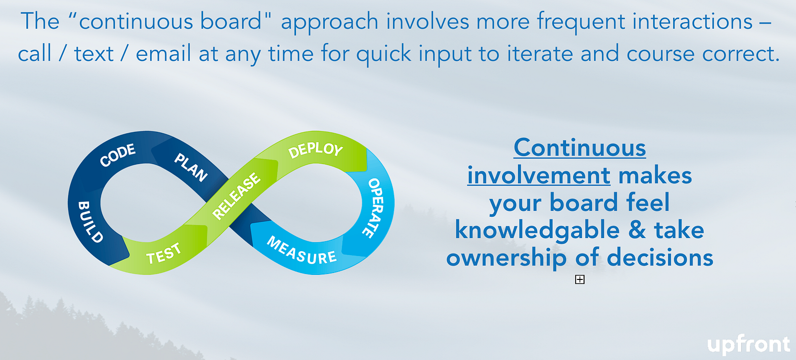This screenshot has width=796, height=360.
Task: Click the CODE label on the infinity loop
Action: click(117, 155)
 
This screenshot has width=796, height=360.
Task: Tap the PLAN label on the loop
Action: click(191, 167)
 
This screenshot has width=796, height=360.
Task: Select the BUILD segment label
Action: click(90, 222)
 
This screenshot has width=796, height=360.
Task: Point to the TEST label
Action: click(164, 254)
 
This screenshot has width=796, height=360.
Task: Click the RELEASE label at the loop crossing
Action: click(236, 195)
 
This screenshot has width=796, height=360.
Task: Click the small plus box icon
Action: click(580, 280)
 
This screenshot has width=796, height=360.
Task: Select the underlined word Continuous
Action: click(580, 148)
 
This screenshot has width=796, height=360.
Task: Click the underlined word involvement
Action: click(539, 176)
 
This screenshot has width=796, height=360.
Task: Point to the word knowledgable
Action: click(537, 231)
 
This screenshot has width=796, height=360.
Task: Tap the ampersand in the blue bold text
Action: click(637, 230)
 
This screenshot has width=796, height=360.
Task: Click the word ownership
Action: click(506, 259)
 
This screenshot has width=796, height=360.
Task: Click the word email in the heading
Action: click(164, 54)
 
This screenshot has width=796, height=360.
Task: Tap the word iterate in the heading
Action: click(539, 54)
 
